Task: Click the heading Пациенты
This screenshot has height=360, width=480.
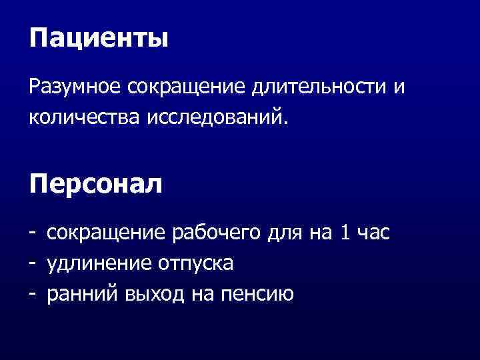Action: (x=99, y=38)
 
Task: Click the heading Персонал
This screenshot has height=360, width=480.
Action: (x=95, y=183)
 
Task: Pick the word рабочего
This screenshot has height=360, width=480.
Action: (x=214, y=233)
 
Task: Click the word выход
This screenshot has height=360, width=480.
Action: (x=152, y=293)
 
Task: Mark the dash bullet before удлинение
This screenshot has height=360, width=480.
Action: (x=32, y=263)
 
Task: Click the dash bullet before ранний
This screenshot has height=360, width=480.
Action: (x=32, y=293)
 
